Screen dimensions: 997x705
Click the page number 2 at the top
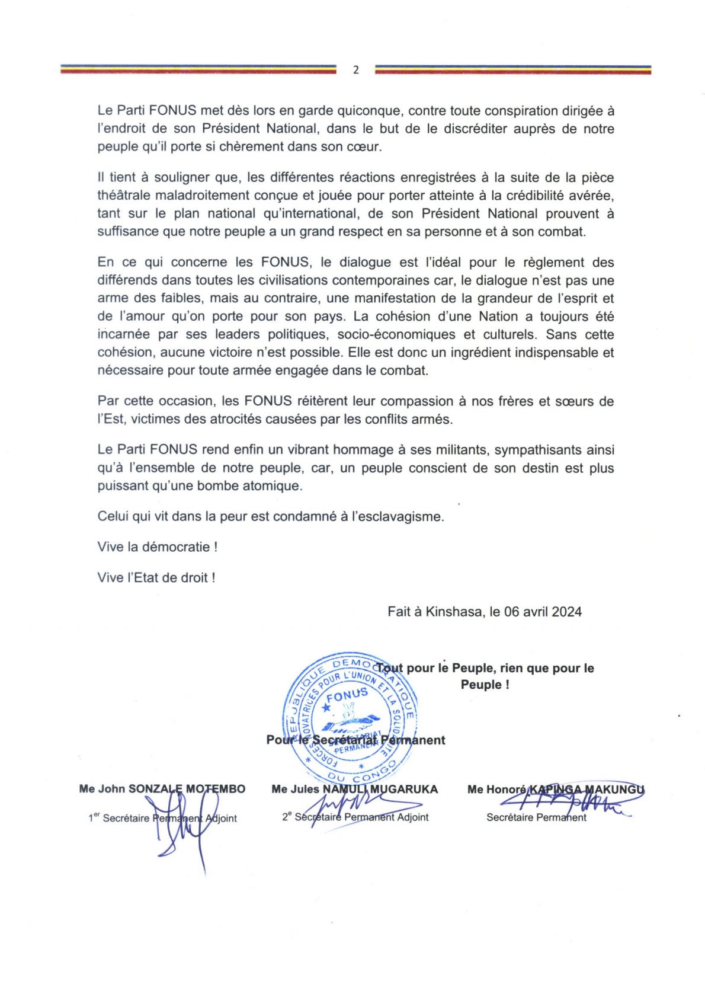pos(355,70)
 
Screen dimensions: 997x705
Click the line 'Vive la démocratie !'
pos(157,547)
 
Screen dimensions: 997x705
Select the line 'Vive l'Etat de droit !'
pos(156,578)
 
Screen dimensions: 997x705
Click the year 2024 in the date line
pos(566,612)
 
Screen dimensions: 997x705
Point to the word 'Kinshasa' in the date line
pos(453,612)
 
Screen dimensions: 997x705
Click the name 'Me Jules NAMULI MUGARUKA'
pos(354,790)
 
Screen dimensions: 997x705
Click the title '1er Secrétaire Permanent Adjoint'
pos(162,819)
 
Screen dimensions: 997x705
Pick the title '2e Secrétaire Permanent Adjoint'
pos(355,817)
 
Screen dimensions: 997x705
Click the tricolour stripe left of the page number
pos(198,70)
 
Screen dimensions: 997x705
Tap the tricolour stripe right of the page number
pos(513,70)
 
